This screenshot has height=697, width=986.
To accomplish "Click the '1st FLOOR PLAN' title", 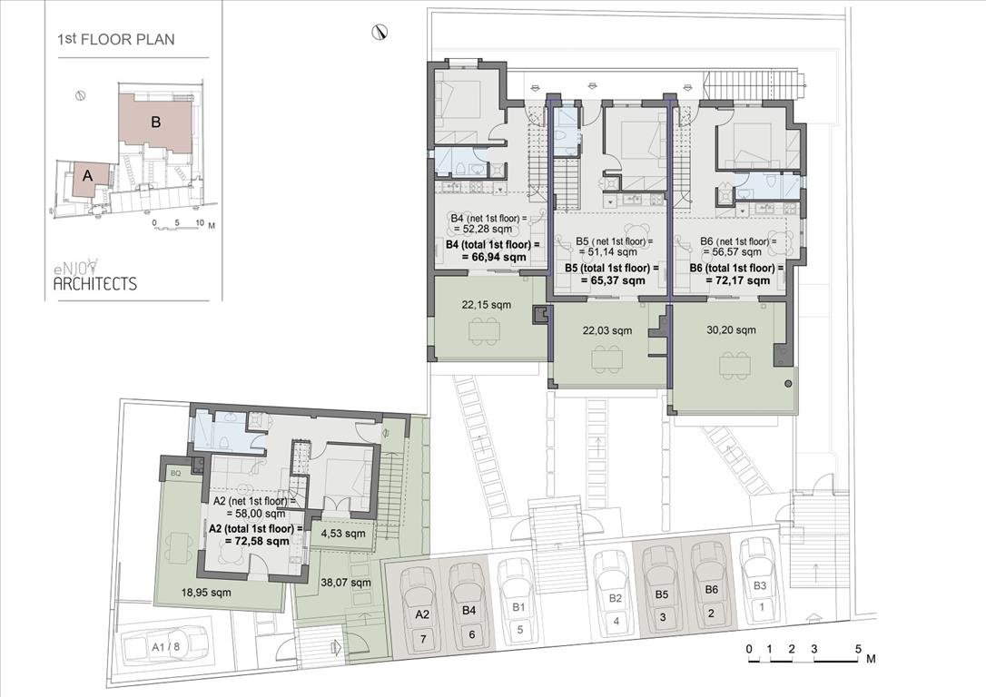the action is click(115, 40).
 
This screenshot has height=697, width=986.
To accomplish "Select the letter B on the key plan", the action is click(156, 122).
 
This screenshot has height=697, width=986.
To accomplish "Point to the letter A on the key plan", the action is click(87, 177).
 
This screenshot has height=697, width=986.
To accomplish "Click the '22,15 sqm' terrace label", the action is click(486, 305).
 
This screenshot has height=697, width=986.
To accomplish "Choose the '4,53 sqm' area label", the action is click(342, 535).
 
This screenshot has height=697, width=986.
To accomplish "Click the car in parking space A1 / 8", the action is click(164, 645).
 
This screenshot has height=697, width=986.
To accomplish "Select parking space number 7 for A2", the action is click(423, 639).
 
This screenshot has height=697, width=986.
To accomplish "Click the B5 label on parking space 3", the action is click(662, 594).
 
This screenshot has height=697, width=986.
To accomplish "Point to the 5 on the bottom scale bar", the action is click(858, 649).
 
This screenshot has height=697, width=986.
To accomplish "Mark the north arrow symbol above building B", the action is click(380, 33).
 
